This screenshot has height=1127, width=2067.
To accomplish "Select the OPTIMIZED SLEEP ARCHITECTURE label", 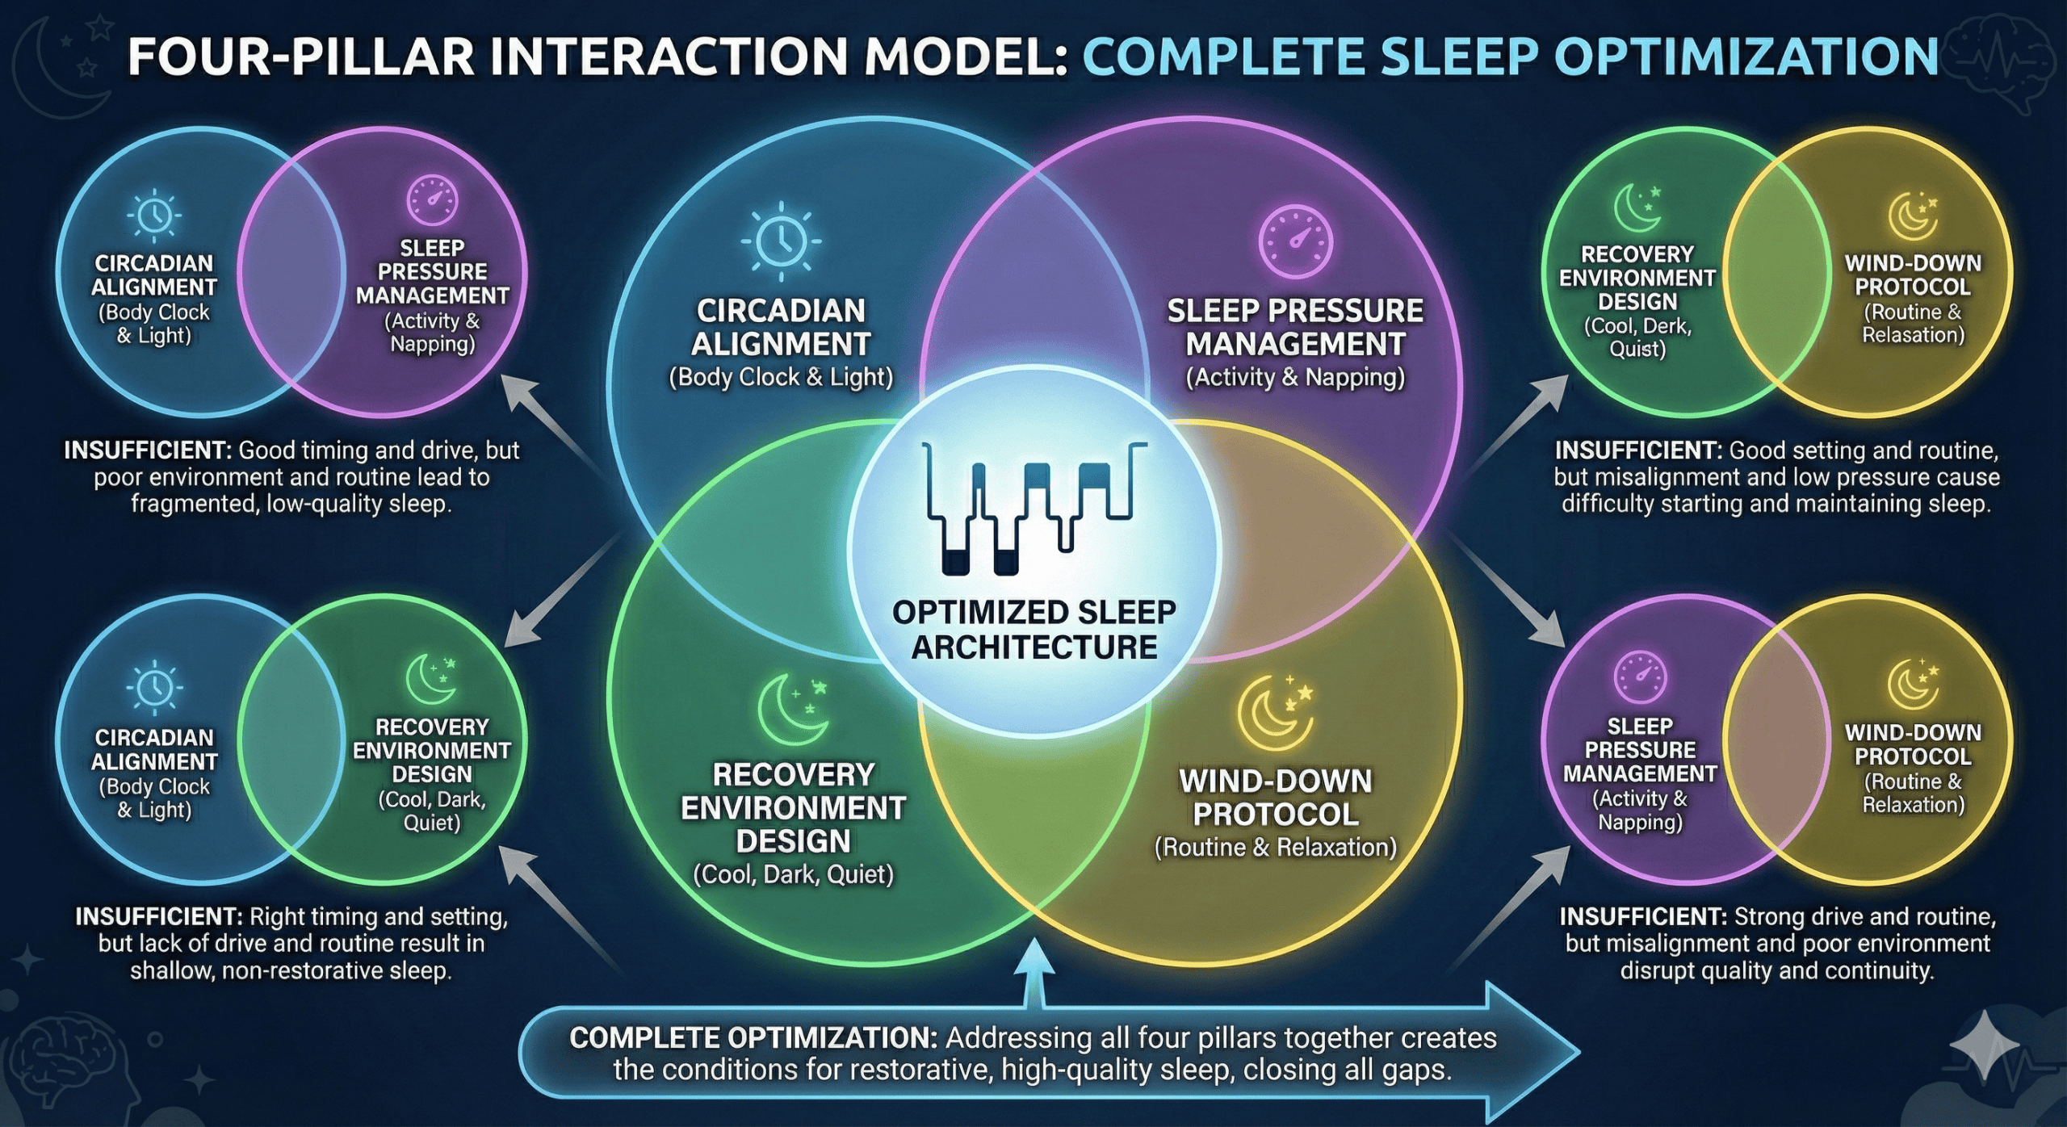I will pyautogui.click(x=1033, y=630).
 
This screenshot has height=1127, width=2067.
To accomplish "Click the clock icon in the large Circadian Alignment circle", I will pyautogui.click(x=781, y=241).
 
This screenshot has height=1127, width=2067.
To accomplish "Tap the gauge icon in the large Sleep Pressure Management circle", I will pyautogui.click(x=1295, y=241).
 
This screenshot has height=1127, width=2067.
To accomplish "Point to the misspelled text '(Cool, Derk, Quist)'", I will pyautogui.click(x=1637, y=337).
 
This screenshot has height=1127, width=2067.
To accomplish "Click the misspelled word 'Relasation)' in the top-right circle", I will pyautogui.click(x=1914, y=335).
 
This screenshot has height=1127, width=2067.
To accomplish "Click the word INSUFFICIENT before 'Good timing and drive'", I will pyautogui.click(x=148, y=450).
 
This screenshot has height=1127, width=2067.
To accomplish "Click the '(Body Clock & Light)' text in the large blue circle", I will pyautogui.click(x=781, y=378).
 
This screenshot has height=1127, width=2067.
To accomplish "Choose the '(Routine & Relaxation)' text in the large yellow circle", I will pyautogui.click(x=1275, y=848).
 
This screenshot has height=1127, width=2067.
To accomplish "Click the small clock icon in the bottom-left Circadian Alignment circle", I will pyautogui.click(x=154, y=686).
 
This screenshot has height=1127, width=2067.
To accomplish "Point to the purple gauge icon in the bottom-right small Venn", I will pyautogui.click(x=1640, y=677).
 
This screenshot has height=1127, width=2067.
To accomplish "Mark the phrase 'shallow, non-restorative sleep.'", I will pyautogui.click(x=291, y=970).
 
